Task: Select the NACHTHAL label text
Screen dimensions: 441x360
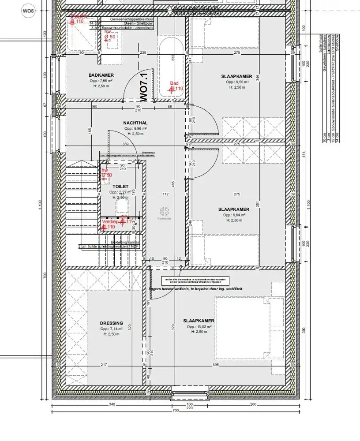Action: point(135,123)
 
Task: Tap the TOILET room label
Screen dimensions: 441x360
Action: point(120,187)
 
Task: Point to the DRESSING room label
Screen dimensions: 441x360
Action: point(111,323)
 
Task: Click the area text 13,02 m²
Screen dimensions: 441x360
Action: point(199,327)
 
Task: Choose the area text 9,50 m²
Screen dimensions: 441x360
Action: point(237,82)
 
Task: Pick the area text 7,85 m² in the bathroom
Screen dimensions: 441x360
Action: point(101,81)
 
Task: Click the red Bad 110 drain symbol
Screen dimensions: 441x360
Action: point(172,89)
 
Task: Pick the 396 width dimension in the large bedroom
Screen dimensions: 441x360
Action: point(215,365)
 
